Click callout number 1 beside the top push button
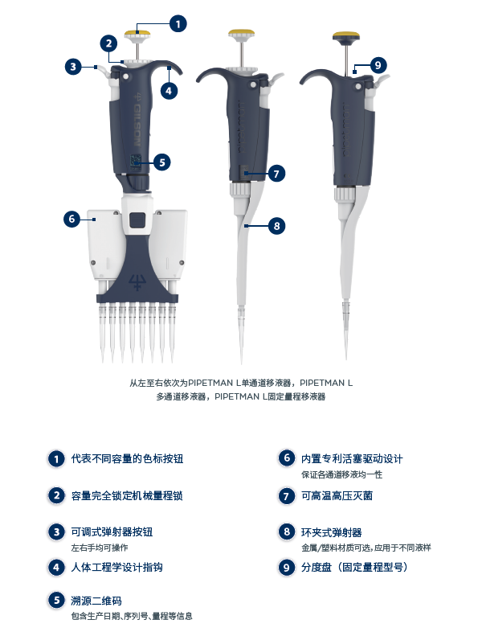pos(177,23)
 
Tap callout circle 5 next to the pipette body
pos(161,162)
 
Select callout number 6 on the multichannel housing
pos(71,218)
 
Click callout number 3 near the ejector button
pos(72,67)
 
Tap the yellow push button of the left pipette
pos(137,35)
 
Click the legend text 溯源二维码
pos(96,600)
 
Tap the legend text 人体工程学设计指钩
pos(117,567)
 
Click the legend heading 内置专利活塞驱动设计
pos(351,458)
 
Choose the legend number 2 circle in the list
pos(55,496)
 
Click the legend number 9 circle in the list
pos(286,567)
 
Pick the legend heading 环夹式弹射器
pos(331,532)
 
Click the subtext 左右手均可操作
pos(100,547)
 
